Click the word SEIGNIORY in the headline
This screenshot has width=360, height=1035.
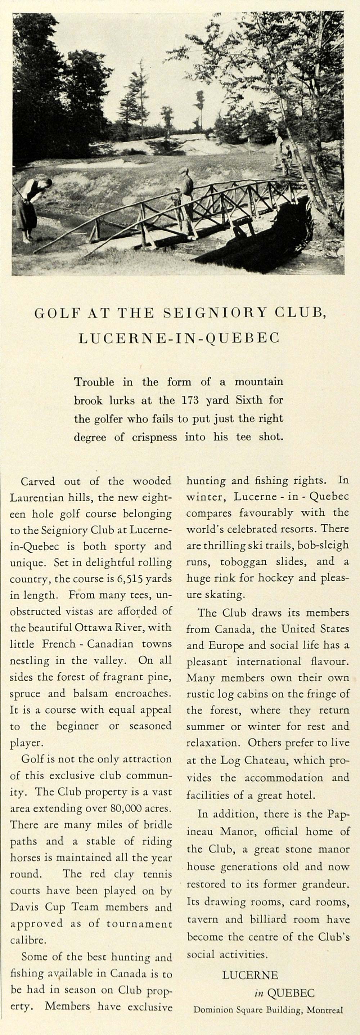(x=215, y=313)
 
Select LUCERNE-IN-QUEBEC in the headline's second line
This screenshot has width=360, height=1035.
(x=179, y=338)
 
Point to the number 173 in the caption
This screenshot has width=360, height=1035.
(x=190, y=400)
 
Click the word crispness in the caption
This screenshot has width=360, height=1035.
(x=155, y=437)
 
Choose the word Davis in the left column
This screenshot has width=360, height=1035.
(x=25, y=907)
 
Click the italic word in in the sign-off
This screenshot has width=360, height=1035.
(x=258, y=994)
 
